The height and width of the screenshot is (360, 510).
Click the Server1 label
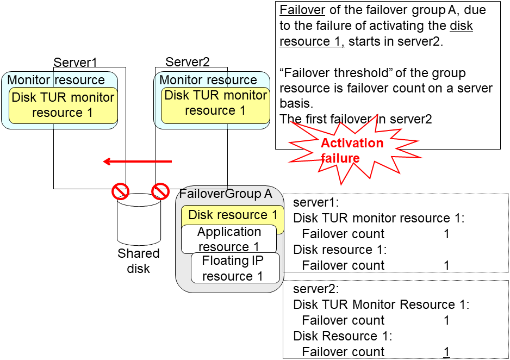click(x=75, y=62)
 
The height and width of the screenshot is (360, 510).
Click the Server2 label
click(x=187, y=62)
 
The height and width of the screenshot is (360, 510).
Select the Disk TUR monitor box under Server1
click(x=63, y=105)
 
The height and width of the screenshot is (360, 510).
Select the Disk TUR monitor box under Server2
click(x=215, y=103)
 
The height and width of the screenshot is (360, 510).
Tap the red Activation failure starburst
click(x=351, y=151)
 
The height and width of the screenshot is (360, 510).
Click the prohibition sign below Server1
click(x=120, y=191)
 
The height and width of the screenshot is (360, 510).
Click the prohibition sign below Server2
click(x=160, y=191)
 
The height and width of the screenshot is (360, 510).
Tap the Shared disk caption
click(x=139, y=261)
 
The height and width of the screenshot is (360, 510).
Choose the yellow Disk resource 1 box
click(x=232, y=215)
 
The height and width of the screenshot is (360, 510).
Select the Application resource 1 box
click(x=229, y=239)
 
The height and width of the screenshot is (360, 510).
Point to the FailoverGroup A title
click(x=226, y=194)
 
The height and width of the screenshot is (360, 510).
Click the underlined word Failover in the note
click(x=302, y=10)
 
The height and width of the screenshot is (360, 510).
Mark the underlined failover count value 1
click(x=446, y=352)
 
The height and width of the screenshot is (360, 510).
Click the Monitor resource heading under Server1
click(x=55, y=80)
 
